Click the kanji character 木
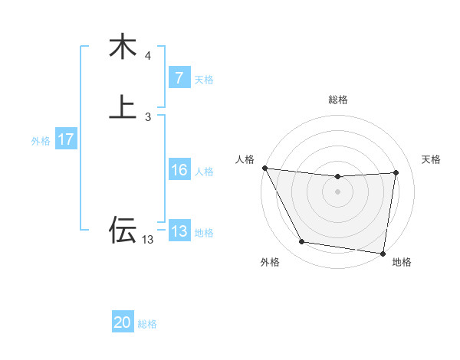[122, 47]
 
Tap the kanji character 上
[122, 106]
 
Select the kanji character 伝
[122, 230]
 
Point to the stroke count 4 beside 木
[148, 56]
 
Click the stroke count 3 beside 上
[148, 116]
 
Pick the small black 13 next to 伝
[148, 240]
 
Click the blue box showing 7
[179, 78]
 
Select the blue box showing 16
[179, 171]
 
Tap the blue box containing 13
[179, 232]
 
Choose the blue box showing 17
[65, 140]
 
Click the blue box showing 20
[123, 323]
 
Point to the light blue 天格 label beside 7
[204, 80]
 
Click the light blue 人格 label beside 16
[204, 172]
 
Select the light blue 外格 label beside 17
[41, 141]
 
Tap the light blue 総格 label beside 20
[147, 324]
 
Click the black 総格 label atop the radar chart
[338, 100]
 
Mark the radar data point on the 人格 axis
[264, 168]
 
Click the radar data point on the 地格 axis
[383, 254]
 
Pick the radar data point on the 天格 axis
[396, 172]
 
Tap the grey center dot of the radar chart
[338, 191]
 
